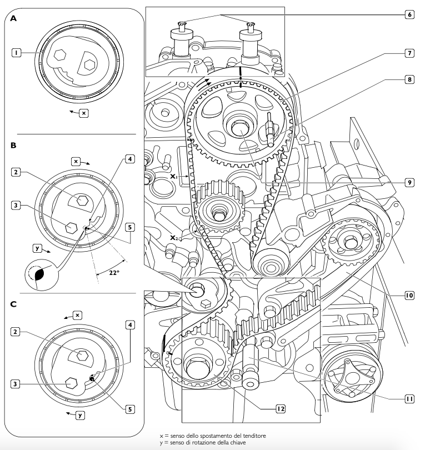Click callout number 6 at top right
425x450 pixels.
pyautogui.click(x=409, y=14)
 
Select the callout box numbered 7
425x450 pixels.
pyautogui.click(x=409, y=53)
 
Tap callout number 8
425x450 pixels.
pyautogui.click(x=409, y=79)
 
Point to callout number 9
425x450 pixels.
pyautogui.click(x=409, y=182)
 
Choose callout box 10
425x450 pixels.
pyautogui.click(x=409, y=296)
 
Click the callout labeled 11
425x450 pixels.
pyautogui.click(x=409, y=397)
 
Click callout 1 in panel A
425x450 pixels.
pyautogui.click(x=18, y=53)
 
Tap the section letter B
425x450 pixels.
pyautogui.click(x=13, y=146)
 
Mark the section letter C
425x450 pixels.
pyautogui.click(x=13, y=304)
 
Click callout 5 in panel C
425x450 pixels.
pyautogui.click(x=129, y=409)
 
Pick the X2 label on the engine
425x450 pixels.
pyautogui.click(x=174, y=237)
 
